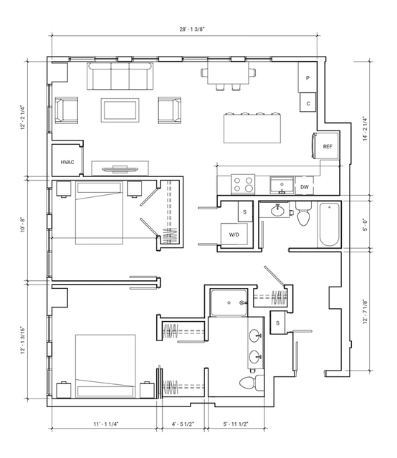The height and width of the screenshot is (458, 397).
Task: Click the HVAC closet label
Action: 67,162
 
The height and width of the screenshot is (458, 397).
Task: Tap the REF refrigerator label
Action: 327,147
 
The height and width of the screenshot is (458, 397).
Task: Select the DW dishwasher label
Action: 305,187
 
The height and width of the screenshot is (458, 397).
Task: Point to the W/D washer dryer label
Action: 234,234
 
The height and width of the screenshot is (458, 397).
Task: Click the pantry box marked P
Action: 307,77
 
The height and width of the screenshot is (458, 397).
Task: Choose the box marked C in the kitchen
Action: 308,102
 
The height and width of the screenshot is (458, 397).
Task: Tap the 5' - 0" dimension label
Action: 365,225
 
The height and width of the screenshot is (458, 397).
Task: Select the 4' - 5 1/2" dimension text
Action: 183,424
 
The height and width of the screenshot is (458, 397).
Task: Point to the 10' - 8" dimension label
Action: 23,225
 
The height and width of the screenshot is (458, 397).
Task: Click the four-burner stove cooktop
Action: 243,184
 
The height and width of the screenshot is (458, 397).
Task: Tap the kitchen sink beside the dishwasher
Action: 282,185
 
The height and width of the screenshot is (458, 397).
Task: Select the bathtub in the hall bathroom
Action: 329,225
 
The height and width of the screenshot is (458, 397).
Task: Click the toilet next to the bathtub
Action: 304,214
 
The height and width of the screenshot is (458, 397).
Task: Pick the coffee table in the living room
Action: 120,110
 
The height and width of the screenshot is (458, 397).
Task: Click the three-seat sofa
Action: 120,76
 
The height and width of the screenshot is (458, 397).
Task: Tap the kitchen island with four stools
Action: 252,128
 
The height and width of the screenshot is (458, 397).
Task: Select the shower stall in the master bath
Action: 229,302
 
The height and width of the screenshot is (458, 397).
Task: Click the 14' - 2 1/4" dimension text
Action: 365,129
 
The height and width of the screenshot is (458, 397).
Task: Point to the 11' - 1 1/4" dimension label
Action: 106,424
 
